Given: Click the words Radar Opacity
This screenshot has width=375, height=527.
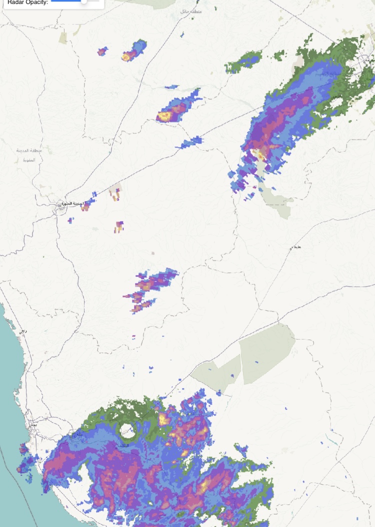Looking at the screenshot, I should [27, 2].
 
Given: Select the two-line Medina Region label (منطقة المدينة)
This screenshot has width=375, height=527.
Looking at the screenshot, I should [24, 155].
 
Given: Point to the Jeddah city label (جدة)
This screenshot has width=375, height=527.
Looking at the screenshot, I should [33, 424].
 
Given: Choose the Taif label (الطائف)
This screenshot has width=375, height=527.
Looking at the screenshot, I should [121, 444].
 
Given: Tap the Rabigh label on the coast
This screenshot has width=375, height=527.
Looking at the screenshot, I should [22, 331].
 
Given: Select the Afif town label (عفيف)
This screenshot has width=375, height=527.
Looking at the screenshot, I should [296, 247].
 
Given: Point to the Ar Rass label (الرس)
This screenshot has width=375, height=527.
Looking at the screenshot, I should [337, 95].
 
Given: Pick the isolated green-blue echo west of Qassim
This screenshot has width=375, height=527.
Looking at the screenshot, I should [244, 62].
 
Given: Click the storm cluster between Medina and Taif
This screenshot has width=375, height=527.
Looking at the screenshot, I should [147, 287].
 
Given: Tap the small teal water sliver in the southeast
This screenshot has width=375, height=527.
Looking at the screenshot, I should [331, 440].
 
